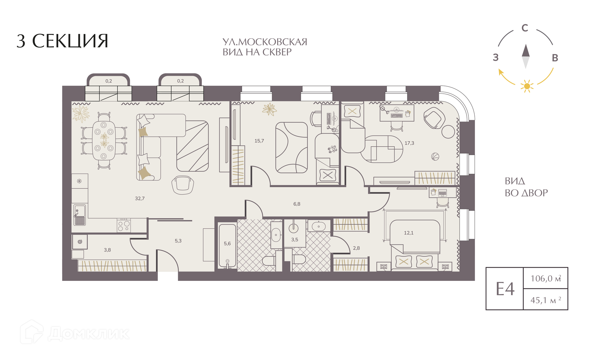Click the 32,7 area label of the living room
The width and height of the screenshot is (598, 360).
coord(140,198)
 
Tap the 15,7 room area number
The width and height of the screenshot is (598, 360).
coord(259,141)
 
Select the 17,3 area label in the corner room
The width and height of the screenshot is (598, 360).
coord(409,143)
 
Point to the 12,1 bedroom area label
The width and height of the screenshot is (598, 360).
coord(409,233)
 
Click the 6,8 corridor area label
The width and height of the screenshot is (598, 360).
coord(297,204)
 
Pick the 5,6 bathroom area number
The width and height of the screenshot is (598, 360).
coord(227,244)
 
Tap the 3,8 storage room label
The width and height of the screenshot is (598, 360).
coord(107,250)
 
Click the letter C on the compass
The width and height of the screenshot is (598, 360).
coord(525,28)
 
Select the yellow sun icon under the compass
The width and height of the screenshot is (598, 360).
coord(527,86)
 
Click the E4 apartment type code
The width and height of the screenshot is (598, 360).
coord(505,289)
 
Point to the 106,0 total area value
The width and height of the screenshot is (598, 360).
coord(546,278)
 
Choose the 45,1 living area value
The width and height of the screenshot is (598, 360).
coord(546,300)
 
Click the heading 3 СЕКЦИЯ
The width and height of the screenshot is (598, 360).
coord(62,41)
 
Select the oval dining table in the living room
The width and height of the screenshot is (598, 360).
coord(104,140)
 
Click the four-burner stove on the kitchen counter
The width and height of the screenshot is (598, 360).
coord(124,225)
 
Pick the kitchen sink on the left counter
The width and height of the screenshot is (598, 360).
coord(79,215)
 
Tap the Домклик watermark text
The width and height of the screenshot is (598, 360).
coord(89,334)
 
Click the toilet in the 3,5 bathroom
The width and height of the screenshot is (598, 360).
coord(299,259)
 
